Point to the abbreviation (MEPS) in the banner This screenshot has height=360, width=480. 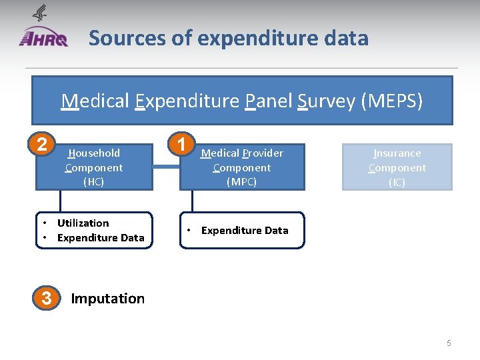tap(391, 101)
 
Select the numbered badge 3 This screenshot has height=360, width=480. tap(46, 298)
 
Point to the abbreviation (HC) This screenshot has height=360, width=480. tap(94, 181)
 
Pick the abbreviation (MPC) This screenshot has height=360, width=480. tap(241, 181)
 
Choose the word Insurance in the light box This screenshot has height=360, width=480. tap(397, 153)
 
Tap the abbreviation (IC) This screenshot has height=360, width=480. tap(397, 182)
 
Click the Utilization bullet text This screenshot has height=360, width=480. tap(83, 223)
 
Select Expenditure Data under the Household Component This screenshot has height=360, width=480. tap(100, 238)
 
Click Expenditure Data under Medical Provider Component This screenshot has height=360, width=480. tap(245, 231)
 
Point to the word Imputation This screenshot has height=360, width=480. tap(107, 299)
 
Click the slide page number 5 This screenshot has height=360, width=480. tap(449, 343)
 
